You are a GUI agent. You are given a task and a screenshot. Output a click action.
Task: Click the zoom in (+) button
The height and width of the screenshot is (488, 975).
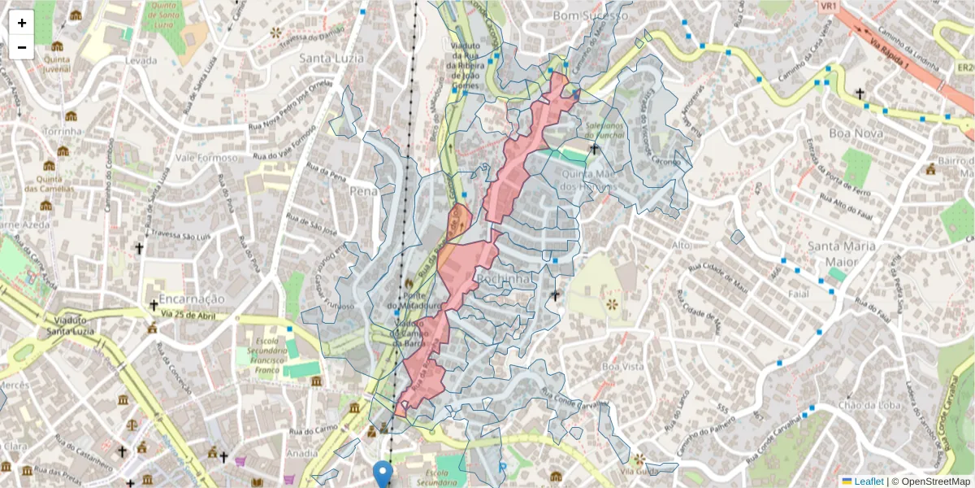click(x=22, y=23)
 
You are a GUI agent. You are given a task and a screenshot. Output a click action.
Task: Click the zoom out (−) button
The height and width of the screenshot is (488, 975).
click(x=22, y=47)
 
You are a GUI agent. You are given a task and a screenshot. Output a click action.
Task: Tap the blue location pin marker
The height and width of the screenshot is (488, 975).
click(x=383, y=474)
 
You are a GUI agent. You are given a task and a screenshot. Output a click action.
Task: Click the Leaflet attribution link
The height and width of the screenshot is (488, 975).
click(x=869, y=481)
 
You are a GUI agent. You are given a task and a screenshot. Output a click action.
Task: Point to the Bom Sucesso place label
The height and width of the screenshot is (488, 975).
click(x=590, y=15)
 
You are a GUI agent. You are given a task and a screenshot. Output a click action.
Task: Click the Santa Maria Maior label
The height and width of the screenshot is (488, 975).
click(x=841, y=254)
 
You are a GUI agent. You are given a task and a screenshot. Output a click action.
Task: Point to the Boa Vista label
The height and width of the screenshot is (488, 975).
click(x=622, y=367)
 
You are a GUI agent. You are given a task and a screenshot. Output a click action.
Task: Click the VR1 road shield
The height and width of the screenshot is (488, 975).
click(x=829, y=7)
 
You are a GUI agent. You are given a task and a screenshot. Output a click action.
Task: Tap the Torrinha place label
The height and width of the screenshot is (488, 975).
click(x=63, y=131)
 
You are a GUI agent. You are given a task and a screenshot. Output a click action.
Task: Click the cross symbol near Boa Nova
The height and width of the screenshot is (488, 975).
click(x=860, y=94)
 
